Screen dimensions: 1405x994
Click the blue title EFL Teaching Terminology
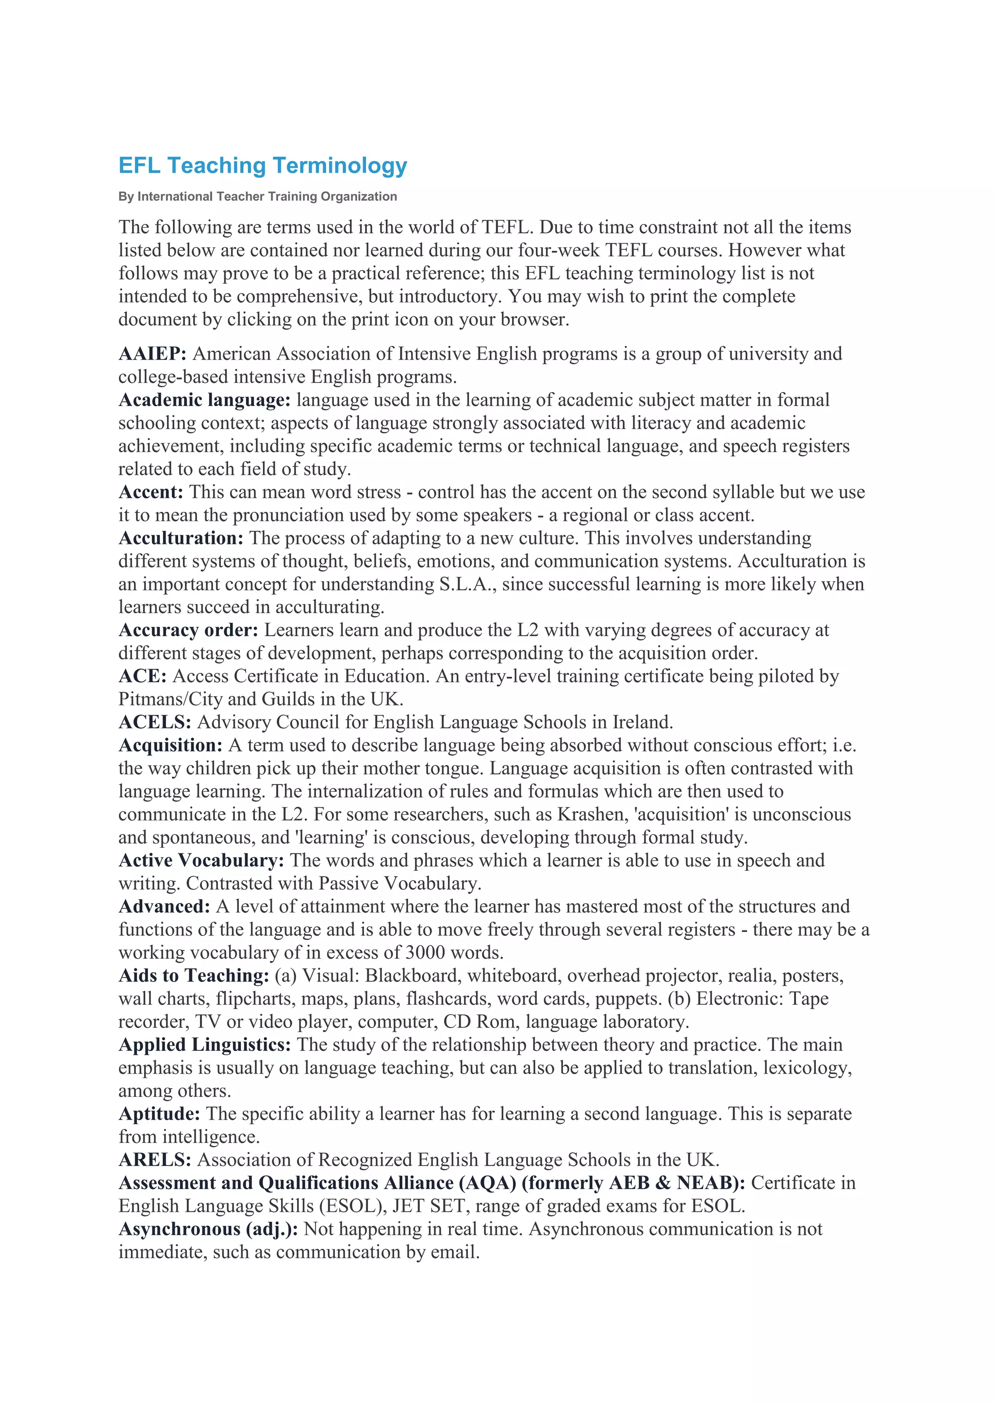(263, 166)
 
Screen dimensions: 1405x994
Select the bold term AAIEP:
(152, 354)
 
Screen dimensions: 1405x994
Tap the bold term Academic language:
(204, 400)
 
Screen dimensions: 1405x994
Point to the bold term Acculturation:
(181, 539)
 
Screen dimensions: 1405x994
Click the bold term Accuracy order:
(188, 630)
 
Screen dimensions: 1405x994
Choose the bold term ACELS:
(155, 723)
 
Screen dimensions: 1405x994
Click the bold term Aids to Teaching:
(194, 976)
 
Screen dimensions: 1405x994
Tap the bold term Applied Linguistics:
(204, 1045)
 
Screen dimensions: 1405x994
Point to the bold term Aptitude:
(159, 1114)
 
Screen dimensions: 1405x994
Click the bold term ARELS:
(155, 1160)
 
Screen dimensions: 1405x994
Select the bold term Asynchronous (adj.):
(208, 1229)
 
